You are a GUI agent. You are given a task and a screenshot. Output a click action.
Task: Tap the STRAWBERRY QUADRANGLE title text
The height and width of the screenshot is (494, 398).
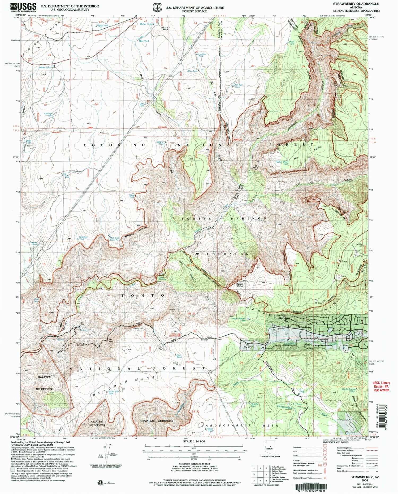click(x=356, y=4)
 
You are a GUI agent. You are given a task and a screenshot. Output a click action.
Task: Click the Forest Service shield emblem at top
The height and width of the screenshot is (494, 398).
click(x=158, y=7)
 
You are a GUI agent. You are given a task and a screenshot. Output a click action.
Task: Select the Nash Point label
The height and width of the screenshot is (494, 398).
click(x=240, y=285)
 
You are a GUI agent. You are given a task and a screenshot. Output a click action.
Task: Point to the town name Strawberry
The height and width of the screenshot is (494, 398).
click(x=304, y=327)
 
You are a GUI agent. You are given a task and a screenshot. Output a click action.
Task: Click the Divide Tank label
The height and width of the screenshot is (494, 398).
click(x=44, y=67)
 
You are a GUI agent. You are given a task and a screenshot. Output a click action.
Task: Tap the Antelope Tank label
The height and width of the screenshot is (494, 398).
click(x=48, y=115)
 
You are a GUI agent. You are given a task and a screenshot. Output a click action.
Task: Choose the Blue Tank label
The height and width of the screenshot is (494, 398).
click(x=192, y=71)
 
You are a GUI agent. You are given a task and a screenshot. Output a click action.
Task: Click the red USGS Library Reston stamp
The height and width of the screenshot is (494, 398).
click(x=381, y=386)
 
